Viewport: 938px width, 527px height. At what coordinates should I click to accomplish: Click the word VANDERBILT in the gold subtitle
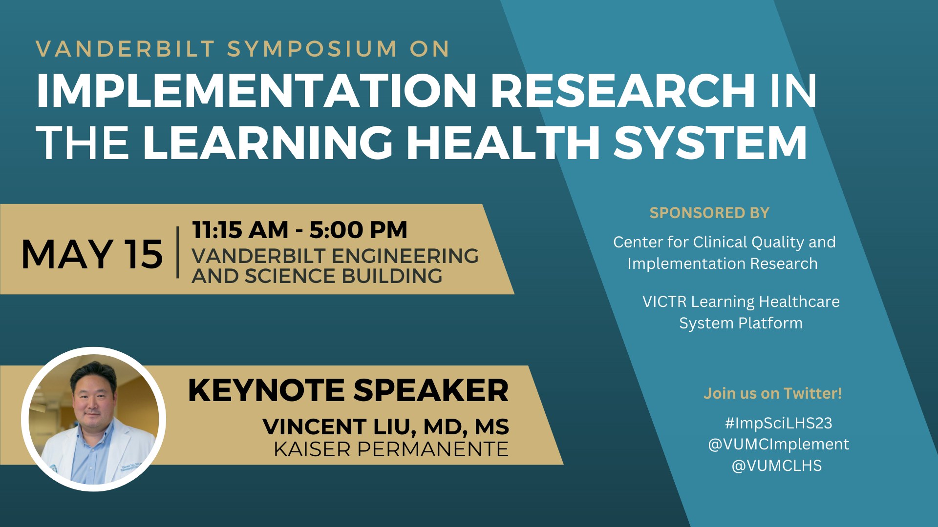click(126, 49)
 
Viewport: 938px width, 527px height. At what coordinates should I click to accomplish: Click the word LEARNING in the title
click(268, 142)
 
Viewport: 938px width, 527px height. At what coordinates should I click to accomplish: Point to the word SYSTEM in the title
click(710, 142)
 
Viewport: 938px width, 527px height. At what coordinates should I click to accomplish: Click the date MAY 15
click(92, 254)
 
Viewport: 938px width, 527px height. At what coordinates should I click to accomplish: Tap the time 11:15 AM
click(240, 230)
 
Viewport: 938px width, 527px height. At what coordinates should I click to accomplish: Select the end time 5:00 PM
click(359, 230)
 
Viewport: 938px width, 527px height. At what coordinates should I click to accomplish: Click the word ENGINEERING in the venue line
click(405, 256)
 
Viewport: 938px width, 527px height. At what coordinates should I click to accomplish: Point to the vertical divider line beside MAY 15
click(178, 252)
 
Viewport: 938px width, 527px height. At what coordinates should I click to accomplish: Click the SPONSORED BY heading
click(709, 213)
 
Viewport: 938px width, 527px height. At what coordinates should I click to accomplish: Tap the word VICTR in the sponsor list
click(664, 302)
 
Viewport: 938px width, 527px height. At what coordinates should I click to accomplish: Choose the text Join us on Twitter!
click(773, 393)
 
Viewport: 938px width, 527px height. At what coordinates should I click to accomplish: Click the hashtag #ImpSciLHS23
click(778, 423)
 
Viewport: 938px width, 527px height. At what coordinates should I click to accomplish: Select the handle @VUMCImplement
click(779, 445)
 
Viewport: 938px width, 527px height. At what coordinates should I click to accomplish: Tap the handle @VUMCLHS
click(777, 466)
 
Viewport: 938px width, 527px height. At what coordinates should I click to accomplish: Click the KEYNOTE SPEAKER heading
click(348, 390)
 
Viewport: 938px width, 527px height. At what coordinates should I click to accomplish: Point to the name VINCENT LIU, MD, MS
click(386, 427)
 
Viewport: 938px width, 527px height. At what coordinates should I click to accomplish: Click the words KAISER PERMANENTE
click(391, 449)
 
